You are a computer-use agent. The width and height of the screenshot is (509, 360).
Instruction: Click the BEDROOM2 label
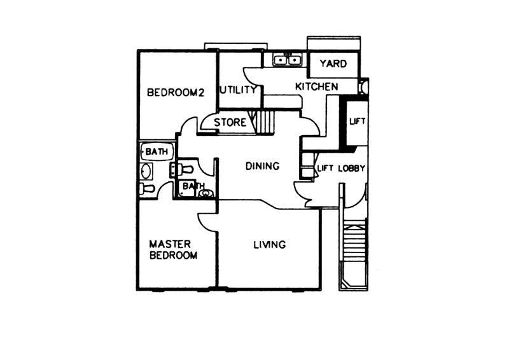coord(176,92)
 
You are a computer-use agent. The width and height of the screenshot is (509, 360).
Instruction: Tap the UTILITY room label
coord(238,90)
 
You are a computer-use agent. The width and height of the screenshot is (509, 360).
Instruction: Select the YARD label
coord(333,64)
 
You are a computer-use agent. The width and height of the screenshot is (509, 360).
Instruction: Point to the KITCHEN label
coord(316,87)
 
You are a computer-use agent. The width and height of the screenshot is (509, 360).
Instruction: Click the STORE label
coord(230,122)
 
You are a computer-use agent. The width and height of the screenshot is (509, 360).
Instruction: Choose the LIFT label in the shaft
coord(358,121)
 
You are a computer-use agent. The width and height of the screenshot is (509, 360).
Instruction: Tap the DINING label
coord(262,166)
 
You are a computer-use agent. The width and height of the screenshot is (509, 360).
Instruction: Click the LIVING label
coord(269,244)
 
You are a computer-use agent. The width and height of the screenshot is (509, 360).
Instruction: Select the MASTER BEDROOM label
coord(173,249)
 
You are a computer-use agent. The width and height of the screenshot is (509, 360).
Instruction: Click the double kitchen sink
coord(288,60)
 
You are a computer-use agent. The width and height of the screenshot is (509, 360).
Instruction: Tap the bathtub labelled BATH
coord(157,152)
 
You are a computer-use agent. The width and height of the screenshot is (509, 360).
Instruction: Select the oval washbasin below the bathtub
coord(146,171)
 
